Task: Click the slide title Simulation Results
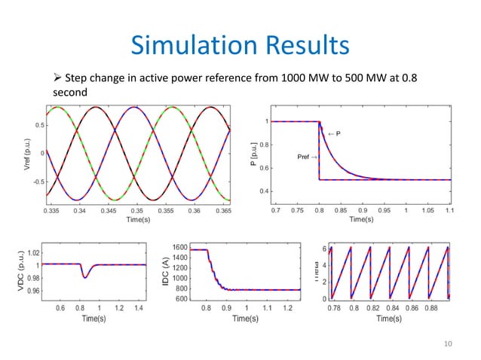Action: [240, 46]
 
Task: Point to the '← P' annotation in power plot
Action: [334, 133]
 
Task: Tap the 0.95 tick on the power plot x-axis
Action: [384, 211]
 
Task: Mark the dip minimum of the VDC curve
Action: [85, 277]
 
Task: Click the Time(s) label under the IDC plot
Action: [247, 319]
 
